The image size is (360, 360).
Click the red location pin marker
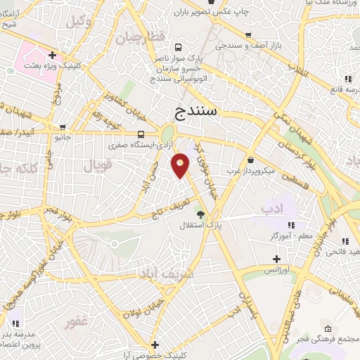pyautogui.click(x=181, y=165)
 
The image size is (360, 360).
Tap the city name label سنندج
pyautogui.click(x=207, y=110)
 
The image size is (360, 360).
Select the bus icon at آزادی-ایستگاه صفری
pyautogui.click(x=142, y=134)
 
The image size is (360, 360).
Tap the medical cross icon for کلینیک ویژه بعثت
pyautogui.click(x=53, y=54)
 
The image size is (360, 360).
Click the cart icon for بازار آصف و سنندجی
pyautogui.click(x=247, y=34)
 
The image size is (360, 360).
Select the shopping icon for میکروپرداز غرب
pyautogui.click(x=251, y=160)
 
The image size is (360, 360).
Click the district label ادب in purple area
pyautogui.click(x=271, y=209)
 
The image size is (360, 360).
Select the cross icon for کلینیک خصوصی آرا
pyautogui.click(x=155, y=345)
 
